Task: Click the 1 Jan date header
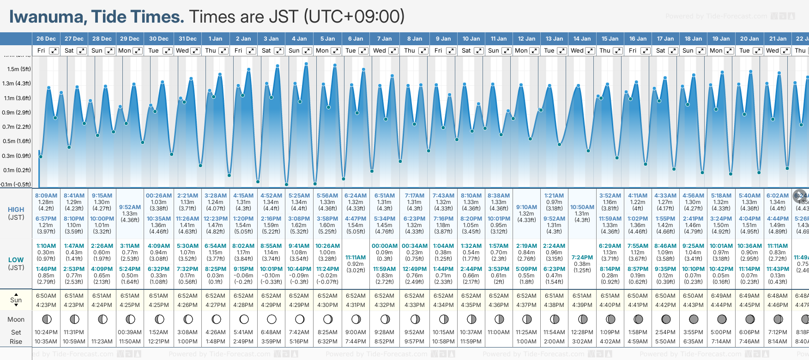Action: (215, 39)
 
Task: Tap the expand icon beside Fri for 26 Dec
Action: (54, 51)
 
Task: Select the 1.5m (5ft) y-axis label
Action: (19, 69)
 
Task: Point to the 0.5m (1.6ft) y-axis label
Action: (17, 141)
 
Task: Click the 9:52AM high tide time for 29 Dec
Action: (130, 207)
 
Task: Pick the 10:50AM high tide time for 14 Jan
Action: (582, 207)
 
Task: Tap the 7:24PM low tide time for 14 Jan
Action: (582, 258)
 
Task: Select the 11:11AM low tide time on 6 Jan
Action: (356, 258)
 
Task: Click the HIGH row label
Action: (16, 210)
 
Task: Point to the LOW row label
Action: (16, 260)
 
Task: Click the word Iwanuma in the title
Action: (48, 17)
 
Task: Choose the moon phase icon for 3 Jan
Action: (272, 319)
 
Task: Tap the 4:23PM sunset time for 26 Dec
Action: (46, 305)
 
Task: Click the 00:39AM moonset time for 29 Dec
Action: (130, 332)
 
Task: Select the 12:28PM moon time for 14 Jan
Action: (582, 332)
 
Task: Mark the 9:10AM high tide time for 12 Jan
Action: (526, 207)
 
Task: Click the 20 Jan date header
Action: (749, 39)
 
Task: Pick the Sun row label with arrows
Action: (16, 300)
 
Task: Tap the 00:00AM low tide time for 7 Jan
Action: (384, 246)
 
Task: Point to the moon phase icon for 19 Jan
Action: (721, 319)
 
